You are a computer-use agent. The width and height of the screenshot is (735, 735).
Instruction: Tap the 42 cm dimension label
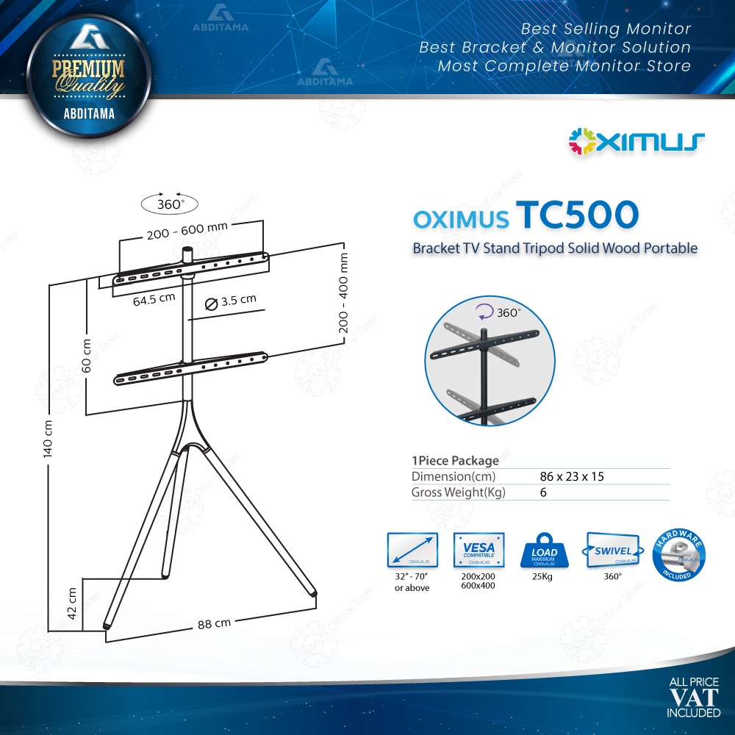click(x=73, y=603)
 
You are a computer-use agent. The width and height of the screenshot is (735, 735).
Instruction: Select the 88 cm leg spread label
click(x=214, y=623)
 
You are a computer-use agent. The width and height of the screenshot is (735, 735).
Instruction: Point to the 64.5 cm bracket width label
click(x=154, y=298)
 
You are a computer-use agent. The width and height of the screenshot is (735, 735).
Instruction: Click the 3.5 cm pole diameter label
click(x=231, y=300)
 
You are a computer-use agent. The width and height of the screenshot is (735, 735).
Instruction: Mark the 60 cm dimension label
click(x=86, y=356)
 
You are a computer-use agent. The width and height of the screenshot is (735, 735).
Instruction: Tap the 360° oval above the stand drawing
click(x=169, y=204)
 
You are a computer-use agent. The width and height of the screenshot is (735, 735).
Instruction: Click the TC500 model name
click(x=577, y=216)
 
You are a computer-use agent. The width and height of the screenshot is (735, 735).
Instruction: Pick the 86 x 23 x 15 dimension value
click(x=572, y=476)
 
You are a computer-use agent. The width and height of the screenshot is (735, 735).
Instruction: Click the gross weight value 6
click(x=543, y=492)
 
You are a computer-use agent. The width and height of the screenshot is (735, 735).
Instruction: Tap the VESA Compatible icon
click(x=479, y=551)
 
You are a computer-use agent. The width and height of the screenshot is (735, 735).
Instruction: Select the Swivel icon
click(x=612, y=551)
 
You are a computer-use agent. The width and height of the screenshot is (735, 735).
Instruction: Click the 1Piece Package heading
click(x=455, y=461)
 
